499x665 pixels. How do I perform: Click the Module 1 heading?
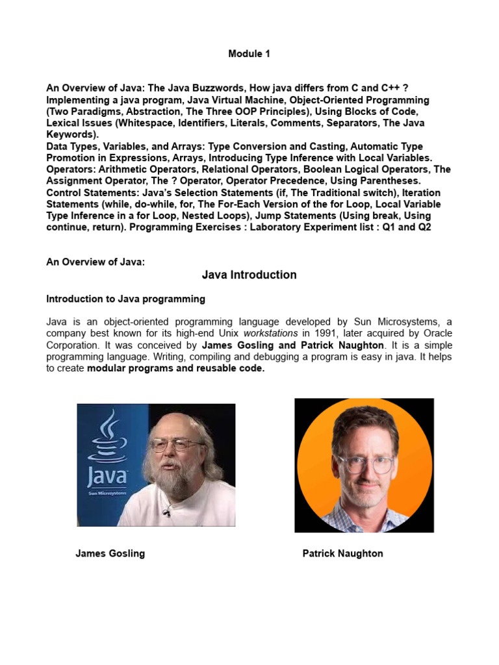point(249,54)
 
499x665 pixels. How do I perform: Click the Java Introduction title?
point(249,275)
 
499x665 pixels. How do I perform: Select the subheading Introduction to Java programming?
point(125,299)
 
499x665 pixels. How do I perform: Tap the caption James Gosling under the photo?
point(110,553)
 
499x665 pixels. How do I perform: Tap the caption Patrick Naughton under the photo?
point(342,553)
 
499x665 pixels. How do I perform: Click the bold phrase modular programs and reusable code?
point(175,368)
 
